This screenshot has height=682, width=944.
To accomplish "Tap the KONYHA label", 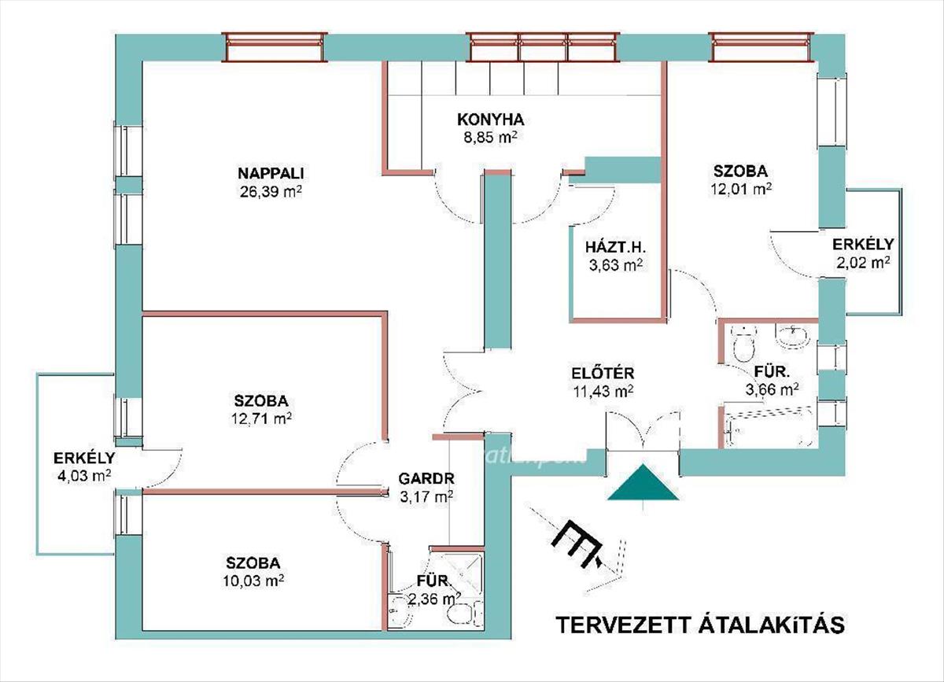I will [490, 120].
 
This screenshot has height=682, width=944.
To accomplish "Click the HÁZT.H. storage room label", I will [616, 246].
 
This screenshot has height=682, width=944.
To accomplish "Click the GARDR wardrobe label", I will [426, 477].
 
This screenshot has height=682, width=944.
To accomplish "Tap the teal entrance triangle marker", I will [643, 484].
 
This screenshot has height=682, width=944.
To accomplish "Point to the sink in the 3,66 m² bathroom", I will [791, 337].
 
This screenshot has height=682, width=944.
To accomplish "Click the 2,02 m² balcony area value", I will [862, 263].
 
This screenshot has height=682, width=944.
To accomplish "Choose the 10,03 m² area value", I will [253, 581].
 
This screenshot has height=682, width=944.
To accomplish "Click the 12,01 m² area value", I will [740, 189].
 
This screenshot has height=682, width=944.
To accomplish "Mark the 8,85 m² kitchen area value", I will [490, 137].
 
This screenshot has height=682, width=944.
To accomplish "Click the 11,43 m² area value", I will [603, 390].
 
